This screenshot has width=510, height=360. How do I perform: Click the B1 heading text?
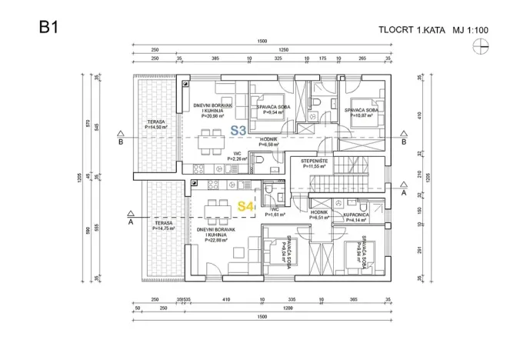pos(49,28)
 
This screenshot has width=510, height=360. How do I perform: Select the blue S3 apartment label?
pos(238,132)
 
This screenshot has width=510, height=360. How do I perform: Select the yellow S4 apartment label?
pos(245,206)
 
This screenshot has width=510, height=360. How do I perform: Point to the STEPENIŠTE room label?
pos(315,162)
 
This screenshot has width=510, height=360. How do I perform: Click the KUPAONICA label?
pos(358,216)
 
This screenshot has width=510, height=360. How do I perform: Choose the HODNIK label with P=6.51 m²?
pos(319,216)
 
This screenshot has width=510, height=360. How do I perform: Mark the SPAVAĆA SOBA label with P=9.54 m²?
pos(274,112)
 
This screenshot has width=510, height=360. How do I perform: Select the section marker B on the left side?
pos(120,142)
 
